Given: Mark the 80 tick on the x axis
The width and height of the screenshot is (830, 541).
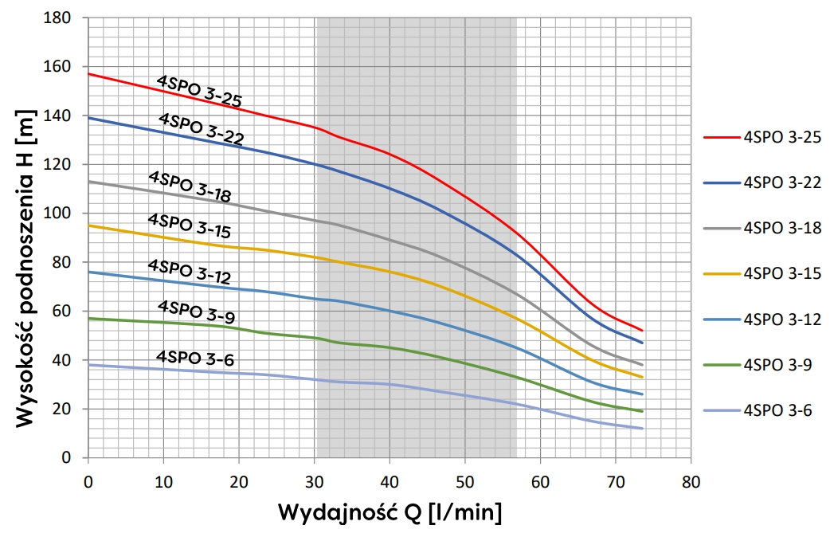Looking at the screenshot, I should [691, 482].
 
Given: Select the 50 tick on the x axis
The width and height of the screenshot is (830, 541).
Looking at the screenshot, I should [464, 482].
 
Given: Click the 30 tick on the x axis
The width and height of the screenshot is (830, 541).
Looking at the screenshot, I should [314, 482].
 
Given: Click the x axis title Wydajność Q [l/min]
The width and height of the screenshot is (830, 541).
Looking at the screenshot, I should [390, 512].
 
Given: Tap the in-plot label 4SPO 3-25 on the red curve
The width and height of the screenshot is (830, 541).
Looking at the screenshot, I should [198, 91].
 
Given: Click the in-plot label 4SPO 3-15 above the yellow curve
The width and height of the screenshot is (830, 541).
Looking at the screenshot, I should [189, 226].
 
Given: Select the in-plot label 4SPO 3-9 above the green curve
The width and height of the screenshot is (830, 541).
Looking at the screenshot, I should [190, 312].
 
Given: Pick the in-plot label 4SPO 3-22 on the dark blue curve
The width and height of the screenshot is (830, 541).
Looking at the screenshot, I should [201, 129].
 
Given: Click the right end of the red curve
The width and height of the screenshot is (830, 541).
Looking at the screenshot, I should [642, 330].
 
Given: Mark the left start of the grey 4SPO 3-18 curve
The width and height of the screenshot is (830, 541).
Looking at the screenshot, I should [88, 182].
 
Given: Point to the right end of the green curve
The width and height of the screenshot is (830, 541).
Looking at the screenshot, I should [642, 411].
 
